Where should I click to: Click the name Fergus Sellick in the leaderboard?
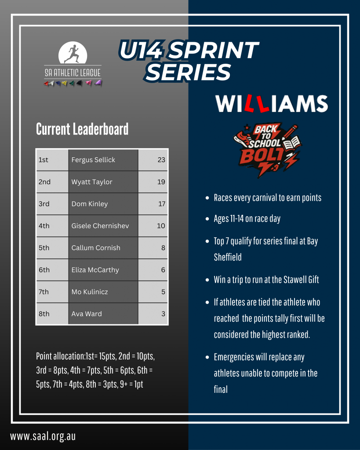(93, 160)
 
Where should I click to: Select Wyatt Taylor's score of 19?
(161, 181)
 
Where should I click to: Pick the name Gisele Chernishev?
(100, 226)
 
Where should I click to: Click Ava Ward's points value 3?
(163, 314)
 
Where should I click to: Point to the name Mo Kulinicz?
(90, 292)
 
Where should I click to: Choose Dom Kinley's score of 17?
(162, 204)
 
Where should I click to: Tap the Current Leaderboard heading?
(82, 129)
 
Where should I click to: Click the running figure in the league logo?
(73, 54)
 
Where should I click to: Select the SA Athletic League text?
(73, 73)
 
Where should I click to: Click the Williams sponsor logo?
(272, 104)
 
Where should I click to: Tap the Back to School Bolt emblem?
(267, 149)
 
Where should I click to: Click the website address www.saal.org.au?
(43, 436)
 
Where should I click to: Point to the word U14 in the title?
(141, 50)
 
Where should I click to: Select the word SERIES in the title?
(188, 72)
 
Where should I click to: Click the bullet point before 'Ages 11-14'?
(207, 219)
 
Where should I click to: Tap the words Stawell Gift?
(301, 279)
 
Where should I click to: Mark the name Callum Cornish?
(96, 248)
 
